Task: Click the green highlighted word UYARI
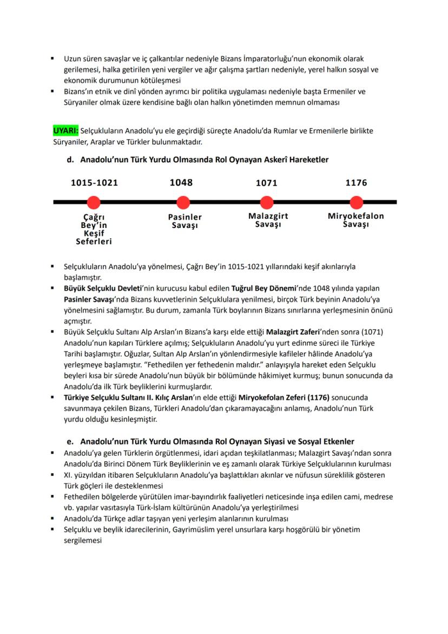click(66, 131)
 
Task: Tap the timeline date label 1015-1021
click(95, 183)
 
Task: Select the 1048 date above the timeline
click(181, 182)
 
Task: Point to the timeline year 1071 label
click(266, 183)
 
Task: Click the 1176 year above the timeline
click(356, 183)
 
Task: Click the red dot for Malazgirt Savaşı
click(266, 202)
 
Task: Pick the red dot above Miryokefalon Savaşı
click(356, 202)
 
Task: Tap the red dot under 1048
click(183, 202)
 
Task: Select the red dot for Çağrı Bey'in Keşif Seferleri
click(94, 202)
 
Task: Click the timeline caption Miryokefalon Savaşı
click(356, 220)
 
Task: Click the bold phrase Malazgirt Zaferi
click(289, 331)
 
